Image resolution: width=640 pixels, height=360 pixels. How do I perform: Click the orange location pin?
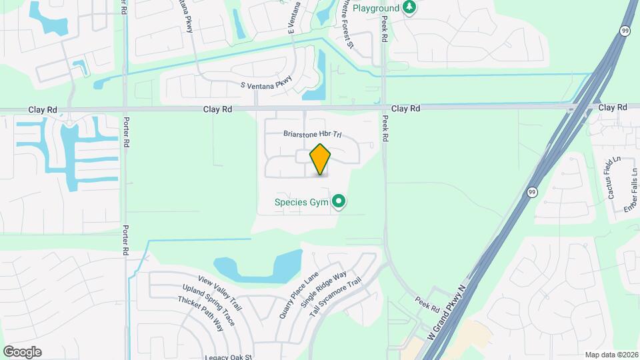pyautogui.click(x=321, y=159)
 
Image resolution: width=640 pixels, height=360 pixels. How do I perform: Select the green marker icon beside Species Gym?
pyautogui.click(x=339, y=201)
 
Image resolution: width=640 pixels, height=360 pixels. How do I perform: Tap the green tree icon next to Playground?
pyautogui.click(x=409, y=8)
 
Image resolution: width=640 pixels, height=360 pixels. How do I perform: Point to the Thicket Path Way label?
pyautogui.click(x=200, y=314)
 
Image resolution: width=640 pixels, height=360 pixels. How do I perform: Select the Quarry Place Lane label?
pyautogui.click(x=299, y=287)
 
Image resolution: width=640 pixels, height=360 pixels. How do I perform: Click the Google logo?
pyautogui.click(x=22, y=351)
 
